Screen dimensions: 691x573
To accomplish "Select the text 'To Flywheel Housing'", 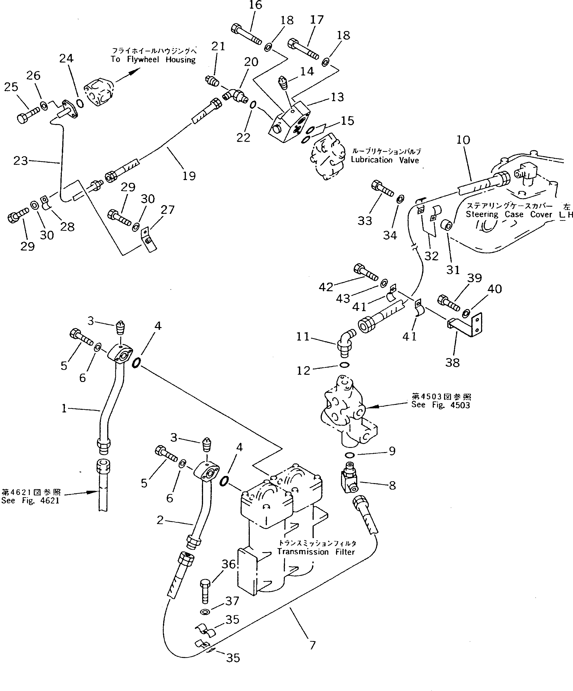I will [153, 59].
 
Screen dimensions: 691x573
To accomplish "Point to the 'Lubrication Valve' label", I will [384, 160].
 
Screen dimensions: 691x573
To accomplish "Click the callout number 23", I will [20, 161].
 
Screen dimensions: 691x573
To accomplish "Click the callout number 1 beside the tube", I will [64, 409].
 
